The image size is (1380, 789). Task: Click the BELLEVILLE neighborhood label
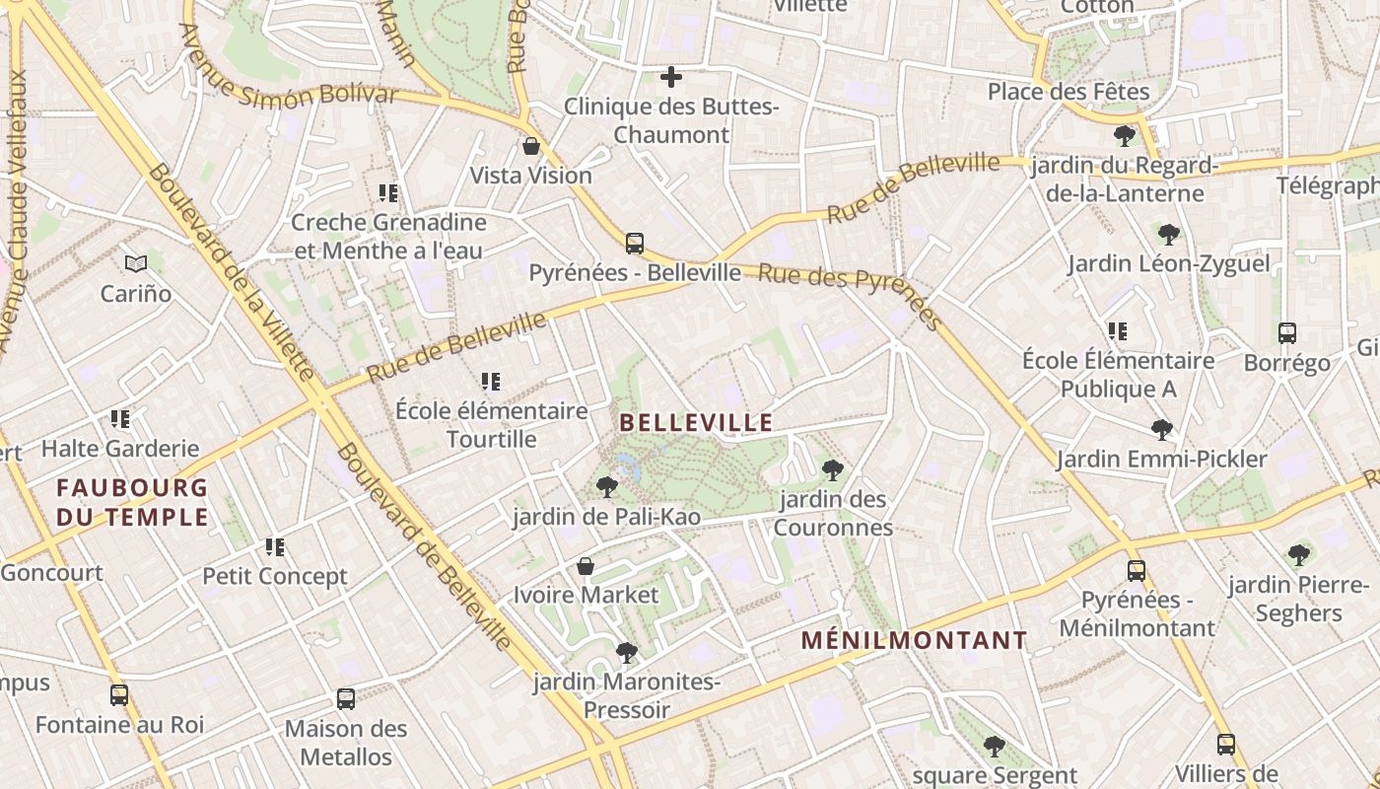tap(696, 423)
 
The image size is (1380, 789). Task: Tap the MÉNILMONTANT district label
tap(914, 640)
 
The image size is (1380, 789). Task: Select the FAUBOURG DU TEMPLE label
tap(132, 502)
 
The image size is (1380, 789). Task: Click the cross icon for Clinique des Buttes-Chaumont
tap(671, 77)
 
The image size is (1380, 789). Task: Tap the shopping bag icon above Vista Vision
tap(531, 147)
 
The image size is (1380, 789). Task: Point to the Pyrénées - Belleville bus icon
tap(635, 243)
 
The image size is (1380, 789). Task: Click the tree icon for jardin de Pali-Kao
tap(607, 486)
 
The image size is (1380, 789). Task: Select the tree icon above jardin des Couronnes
tap(833, 470)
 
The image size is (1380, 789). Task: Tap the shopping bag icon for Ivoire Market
tap(586, 566)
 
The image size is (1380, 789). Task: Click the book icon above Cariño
tap(136, 263)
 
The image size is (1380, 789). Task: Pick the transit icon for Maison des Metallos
tap(346, 699)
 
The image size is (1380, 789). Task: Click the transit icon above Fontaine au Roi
tap(119, 695)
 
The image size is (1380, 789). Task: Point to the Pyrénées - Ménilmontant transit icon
tap(1137, 570)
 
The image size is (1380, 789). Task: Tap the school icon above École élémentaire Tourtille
tap(491, 381)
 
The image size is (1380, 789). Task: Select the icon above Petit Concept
tap(275, 546)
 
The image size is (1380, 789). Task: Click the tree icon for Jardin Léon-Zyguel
tap(1169, 234)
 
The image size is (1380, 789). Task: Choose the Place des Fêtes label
tap(1069, 92)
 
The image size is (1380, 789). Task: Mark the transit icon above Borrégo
tap(1287, 333)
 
